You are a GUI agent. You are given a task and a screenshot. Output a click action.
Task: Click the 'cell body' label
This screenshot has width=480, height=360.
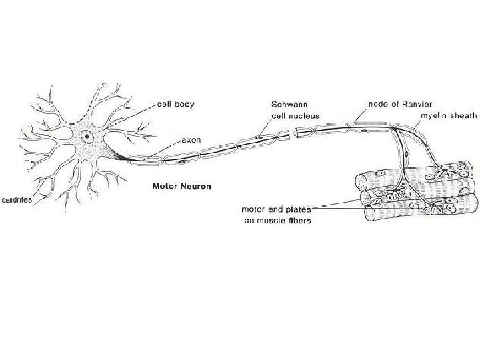(x=176, y=105)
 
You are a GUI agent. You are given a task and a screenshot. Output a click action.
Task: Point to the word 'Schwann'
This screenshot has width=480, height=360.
(x=287, y=105)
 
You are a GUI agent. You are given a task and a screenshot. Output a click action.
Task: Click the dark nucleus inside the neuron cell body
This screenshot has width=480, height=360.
(x=87, y=137)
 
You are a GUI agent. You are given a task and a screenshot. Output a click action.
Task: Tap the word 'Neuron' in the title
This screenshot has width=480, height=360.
(x=195, y=186)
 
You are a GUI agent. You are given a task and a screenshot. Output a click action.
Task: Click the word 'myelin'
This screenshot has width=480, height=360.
(x=432, y=115)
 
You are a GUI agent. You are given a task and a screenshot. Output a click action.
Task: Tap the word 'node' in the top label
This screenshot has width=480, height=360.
(x=378, y=105)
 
